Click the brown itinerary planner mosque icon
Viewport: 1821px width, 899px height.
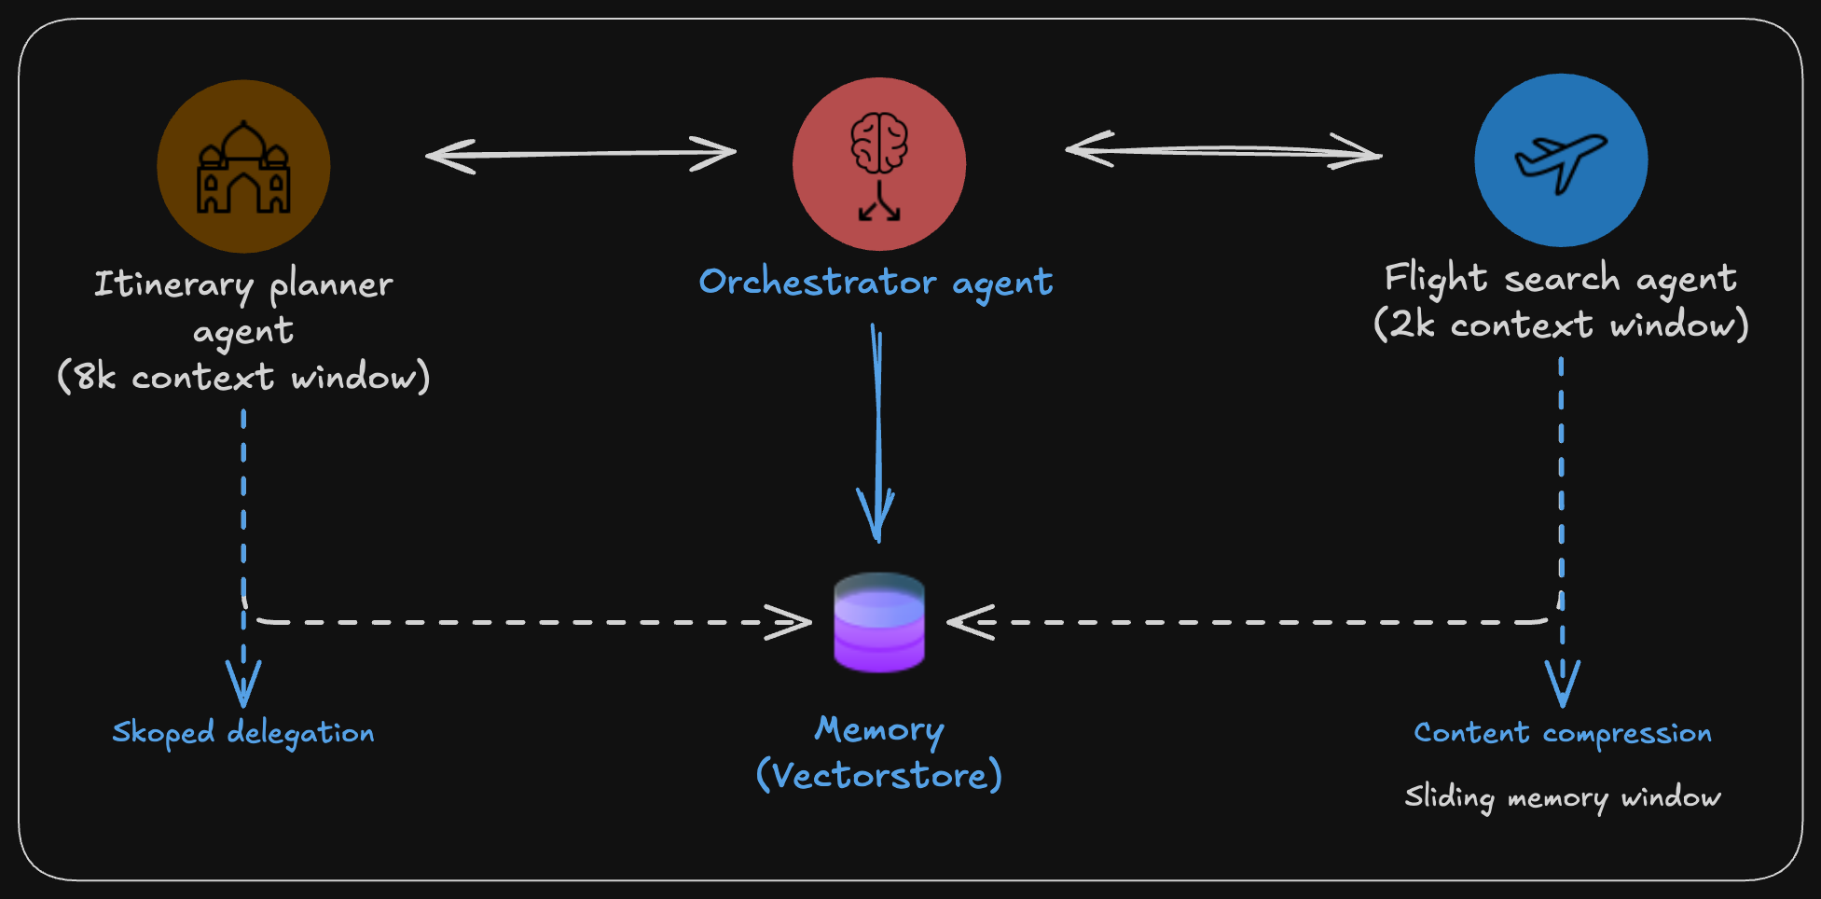(x=243, y=166)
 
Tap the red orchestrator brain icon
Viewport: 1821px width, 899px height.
(x=878, y=164)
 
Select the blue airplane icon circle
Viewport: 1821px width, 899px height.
(x=1561, y=160)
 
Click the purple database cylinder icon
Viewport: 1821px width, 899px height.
(x=878, y=622)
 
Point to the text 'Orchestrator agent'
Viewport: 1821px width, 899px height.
(x=876, y=282)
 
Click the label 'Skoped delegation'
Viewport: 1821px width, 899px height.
(x=243, y=733)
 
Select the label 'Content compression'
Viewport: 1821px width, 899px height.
(x=1563, y=733)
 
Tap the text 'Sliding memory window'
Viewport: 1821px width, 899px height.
(x=1563, y=797)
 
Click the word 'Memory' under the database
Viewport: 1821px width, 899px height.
(x=878, y=729)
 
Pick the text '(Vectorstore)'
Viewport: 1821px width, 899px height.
(x=878, y=776)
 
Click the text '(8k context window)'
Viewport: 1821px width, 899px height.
(x=243, y=377)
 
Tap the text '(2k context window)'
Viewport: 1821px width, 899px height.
(x=1561, y=325)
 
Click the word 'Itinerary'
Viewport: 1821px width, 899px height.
(x=174, y=284)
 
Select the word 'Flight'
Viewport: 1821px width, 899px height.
(x=1436, y=278)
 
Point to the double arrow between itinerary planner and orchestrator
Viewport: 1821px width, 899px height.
(x=580, y=154)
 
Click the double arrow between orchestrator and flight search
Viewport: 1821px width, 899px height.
(x=1223, y=150)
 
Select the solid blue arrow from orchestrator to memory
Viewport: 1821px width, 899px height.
(x=876, y=429)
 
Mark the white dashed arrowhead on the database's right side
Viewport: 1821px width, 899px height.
(x=970, y=622)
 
